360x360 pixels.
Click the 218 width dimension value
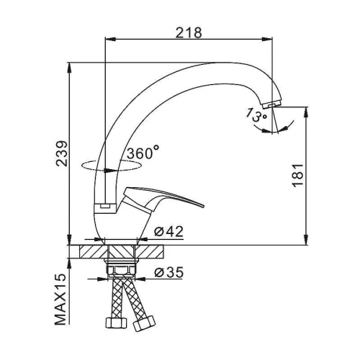click(189, 32)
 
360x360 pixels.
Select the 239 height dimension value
click(62, 153)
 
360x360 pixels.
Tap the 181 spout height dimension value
click(297, 176)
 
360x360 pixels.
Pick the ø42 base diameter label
click(168, 231)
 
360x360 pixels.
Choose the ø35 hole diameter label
click(168, 272)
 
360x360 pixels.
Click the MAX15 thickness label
click(60, 299)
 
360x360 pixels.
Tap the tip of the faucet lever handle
click(203, 206)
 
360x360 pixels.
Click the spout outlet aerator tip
click(272, 104)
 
